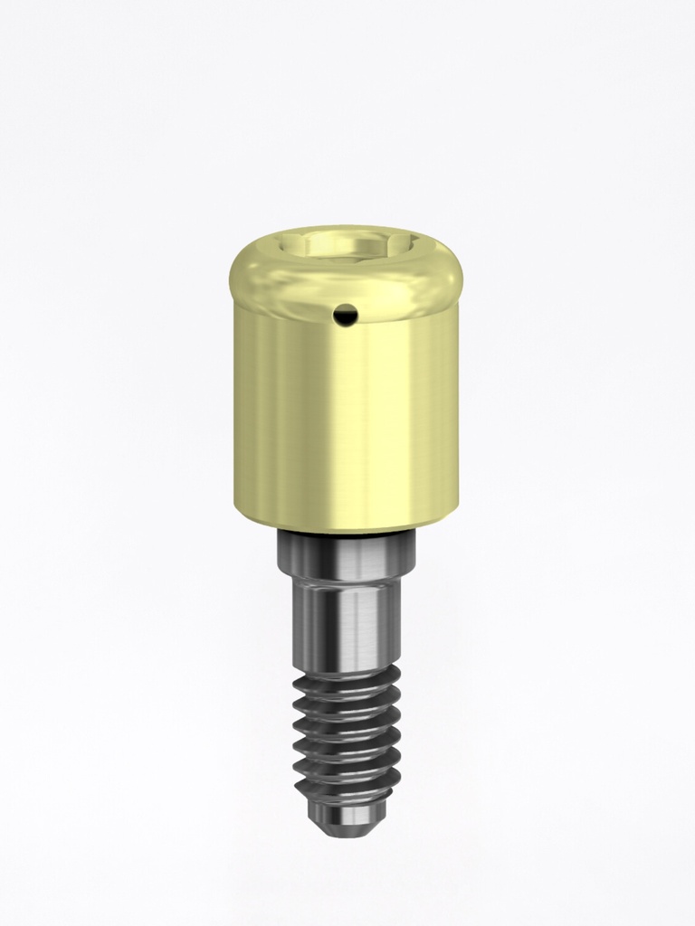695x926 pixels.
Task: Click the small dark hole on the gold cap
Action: pyautogui.click(x=344, y=315)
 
